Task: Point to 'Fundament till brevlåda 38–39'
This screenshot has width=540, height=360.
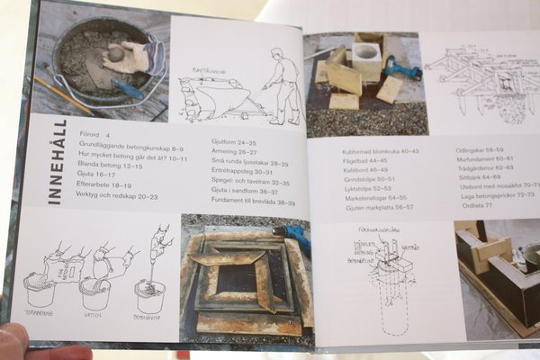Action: (x=255, y=202)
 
